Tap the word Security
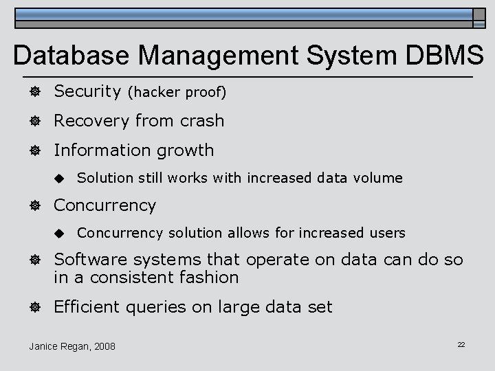pyautogui.click(x=87, y=91)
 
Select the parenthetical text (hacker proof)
pyautogui.click(x=177, y=92)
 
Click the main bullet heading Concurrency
pyautogui.click(x=104, y=205)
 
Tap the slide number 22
pyautogui.click(x=461, y=344)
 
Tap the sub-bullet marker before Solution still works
pyautogui.click(x=60, y=179)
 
